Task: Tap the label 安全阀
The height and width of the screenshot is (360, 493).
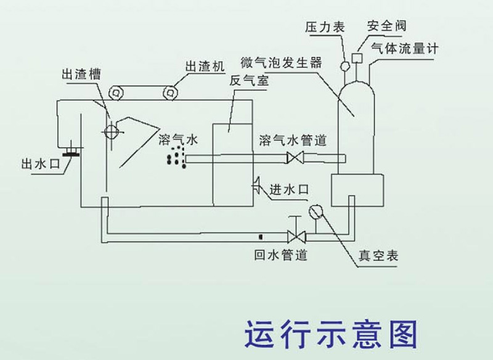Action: coord(386,26)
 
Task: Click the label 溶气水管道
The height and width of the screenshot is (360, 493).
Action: coord(293,139)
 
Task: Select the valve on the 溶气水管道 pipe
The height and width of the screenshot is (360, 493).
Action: coord(297,158)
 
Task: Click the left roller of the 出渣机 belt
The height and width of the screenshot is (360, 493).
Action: coord(115,92)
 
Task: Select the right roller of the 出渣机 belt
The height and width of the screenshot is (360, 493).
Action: coord(170,92)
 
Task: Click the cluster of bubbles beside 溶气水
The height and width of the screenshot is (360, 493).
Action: coord(176,157)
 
